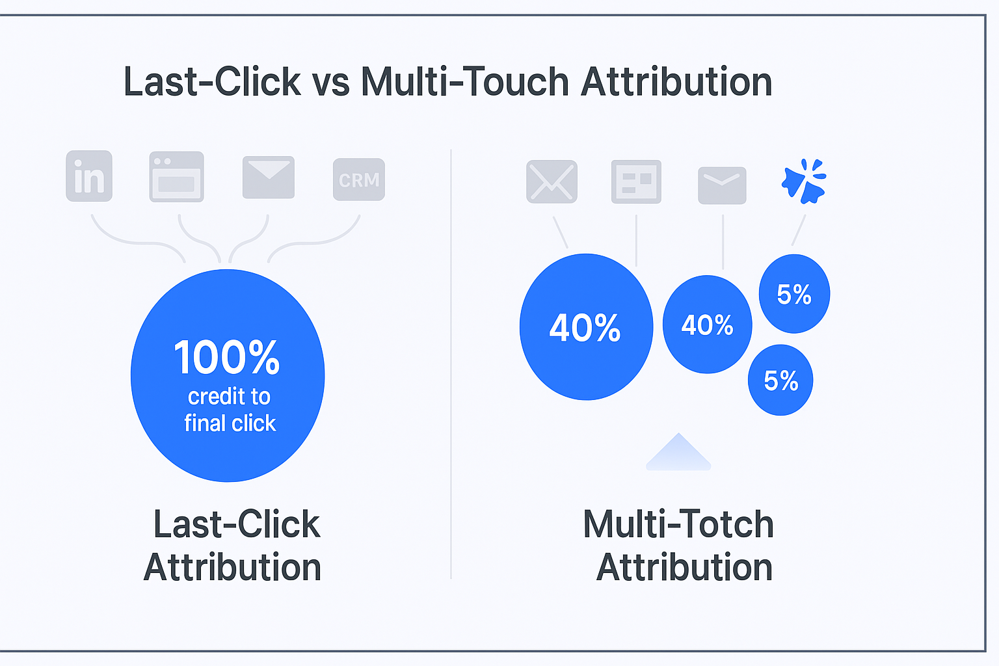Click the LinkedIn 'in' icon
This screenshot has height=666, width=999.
coord(89,176)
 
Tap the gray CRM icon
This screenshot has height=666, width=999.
coord(359,180)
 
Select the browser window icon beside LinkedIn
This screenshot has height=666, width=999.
coord(177,177)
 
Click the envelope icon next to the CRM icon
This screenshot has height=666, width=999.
coord(269,177)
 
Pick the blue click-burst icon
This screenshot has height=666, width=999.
coord(804,181)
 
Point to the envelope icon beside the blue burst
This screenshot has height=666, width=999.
coord(722,185)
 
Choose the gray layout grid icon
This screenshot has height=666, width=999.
coord(637,181)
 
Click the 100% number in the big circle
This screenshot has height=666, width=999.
coord(227,357)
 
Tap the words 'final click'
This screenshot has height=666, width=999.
coord(230,423)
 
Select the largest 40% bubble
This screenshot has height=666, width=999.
coord(587,327)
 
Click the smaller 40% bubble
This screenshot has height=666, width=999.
coord(708,325)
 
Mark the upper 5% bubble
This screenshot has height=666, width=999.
coord(794,293)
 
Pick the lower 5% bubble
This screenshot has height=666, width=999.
coord(780,380)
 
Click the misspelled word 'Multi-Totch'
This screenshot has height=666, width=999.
coord(678,525)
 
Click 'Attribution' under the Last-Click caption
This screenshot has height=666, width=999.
coord(232,567)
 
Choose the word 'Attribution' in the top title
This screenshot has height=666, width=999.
coord(676,82)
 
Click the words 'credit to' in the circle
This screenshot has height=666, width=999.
coord(229,396)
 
